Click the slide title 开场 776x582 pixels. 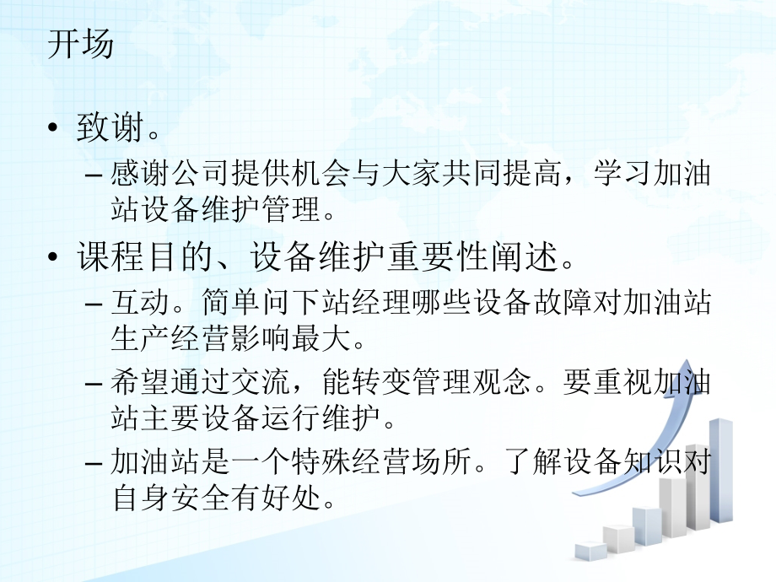[81, 44]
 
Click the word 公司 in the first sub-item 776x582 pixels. [199, 175]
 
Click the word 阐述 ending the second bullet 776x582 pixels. [523, 256]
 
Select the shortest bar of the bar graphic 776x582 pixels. [590, 551]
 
